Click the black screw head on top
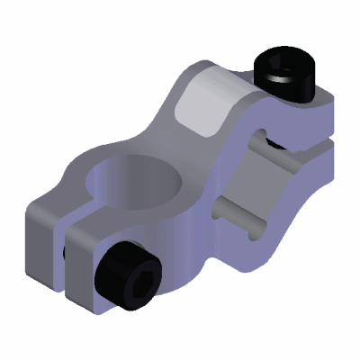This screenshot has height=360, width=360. (286, 77)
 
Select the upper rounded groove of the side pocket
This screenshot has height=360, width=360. (257, 144)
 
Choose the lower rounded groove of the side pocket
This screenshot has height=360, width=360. (236, 212)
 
